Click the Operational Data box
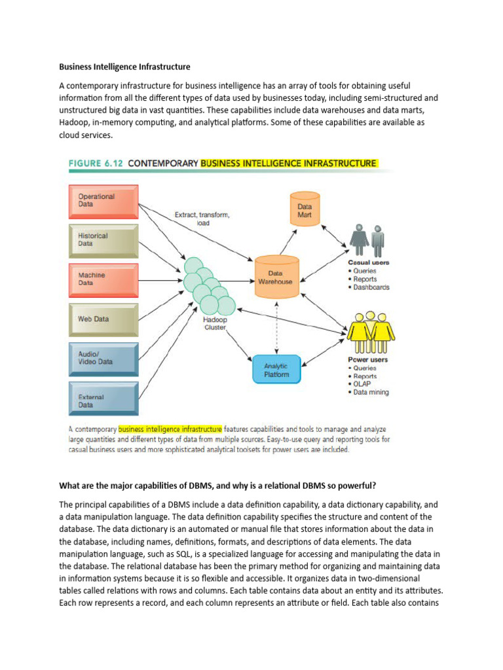click(103, 201)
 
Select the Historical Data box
click(103, 240)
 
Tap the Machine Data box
click(103, 279)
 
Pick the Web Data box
click(103, 319)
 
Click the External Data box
click(103, 399)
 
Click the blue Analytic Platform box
click(276, 370)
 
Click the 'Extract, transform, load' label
click(202, 218)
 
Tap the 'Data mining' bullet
click(371, 393)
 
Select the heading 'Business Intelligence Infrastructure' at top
click(124, 66)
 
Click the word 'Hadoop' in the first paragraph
click(73, 122)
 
